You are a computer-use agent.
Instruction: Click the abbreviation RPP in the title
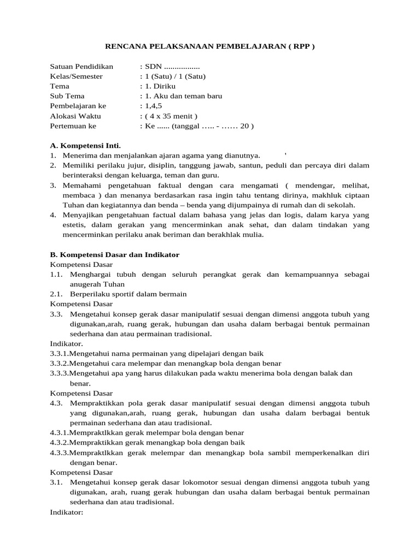click(x=302, y=46)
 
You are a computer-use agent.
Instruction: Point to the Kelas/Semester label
click(x=76, y=76)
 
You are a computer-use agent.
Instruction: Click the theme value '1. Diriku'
click(x=158, y=86)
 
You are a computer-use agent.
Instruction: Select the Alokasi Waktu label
click(x=75, y=116)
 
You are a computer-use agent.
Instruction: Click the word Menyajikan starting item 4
click(x=79, y=215)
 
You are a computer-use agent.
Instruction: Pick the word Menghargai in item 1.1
click(x=90, y=274)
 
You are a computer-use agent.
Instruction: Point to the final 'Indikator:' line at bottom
click(x=66, y=512)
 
